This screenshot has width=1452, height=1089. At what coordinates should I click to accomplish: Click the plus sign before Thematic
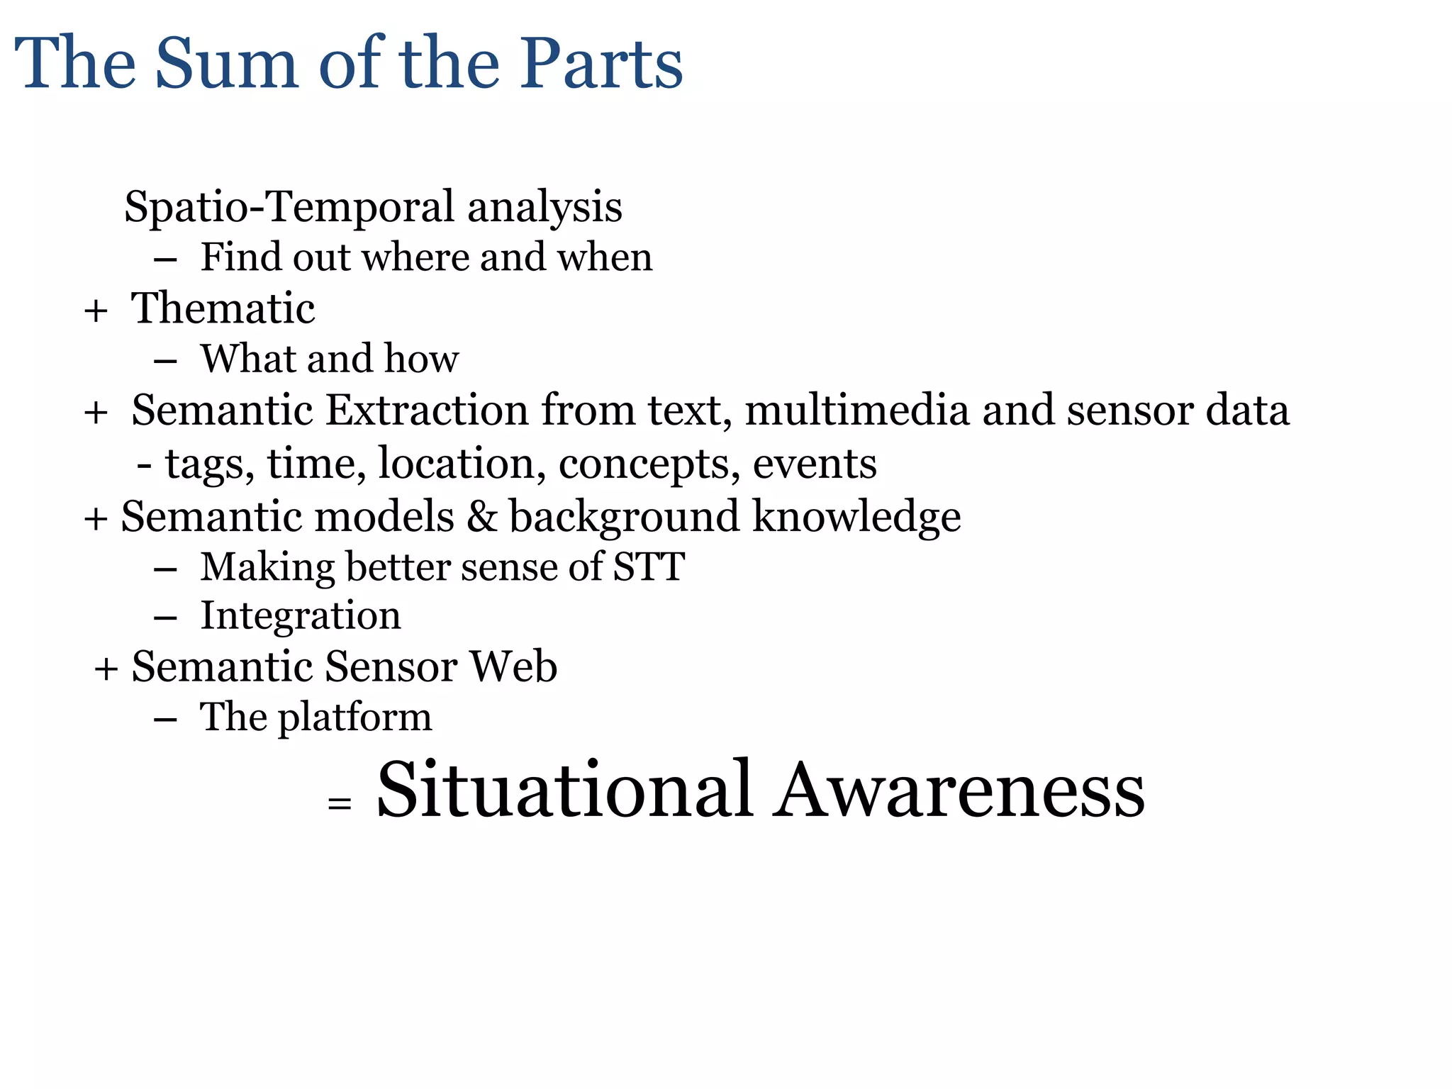(x=96, y=311)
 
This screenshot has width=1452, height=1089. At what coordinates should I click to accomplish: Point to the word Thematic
(x=223, y=308)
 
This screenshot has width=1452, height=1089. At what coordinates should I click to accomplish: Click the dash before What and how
(x=164, y=361)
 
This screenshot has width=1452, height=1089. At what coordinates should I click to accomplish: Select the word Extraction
(x=427, y=411)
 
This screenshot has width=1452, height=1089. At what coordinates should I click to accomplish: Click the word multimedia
(x=856, y=411)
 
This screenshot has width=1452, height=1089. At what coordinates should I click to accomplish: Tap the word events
(x=814, y=464)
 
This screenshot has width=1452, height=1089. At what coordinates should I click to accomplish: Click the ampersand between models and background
(x=482, y=516)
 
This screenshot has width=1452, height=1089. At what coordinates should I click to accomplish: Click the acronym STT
(x=649, y=567)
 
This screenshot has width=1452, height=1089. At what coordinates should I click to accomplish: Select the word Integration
(x=301, y=615)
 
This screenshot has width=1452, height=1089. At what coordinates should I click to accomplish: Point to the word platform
(x=354, y=718)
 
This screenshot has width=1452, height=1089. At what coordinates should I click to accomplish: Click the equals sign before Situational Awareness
(x=340, y=803)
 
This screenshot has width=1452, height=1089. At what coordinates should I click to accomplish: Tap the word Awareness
(x=959, y=790)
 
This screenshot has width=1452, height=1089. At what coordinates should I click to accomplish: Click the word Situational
(x=564, y=790)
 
